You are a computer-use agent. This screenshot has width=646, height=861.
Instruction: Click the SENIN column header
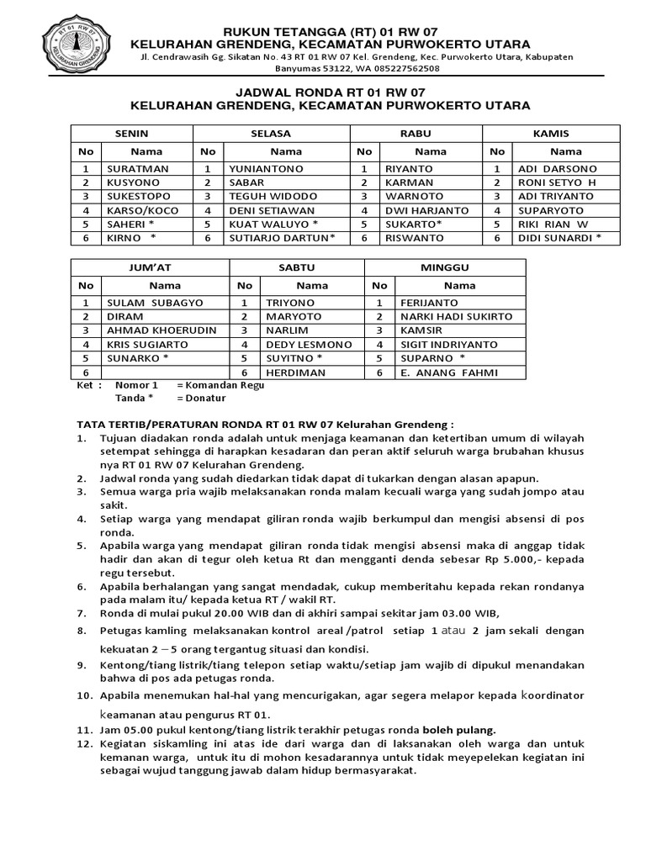click(131, 133)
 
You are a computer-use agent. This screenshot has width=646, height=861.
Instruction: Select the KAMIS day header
click(551, 133)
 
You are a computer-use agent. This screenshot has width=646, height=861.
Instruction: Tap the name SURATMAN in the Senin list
click(135, 168)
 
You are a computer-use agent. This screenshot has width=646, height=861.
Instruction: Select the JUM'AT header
click(150, 267)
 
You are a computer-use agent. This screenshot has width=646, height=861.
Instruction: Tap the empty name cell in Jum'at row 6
click(165, 372)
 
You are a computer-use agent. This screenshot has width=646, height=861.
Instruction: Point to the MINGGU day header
click(445, 267)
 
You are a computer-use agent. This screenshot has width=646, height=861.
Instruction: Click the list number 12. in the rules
click(84, 744)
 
